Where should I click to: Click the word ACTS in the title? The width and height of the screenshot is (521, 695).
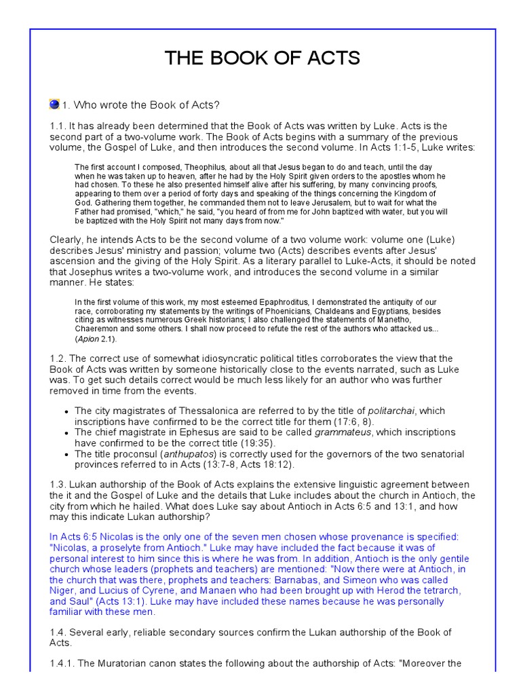[328, 58]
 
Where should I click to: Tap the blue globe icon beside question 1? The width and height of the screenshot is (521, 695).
[54, 105]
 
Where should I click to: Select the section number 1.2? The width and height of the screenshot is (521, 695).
[58, 358]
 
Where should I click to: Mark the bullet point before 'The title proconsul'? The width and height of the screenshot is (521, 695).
[66, 454]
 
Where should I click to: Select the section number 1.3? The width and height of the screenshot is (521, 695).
[58, 484]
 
